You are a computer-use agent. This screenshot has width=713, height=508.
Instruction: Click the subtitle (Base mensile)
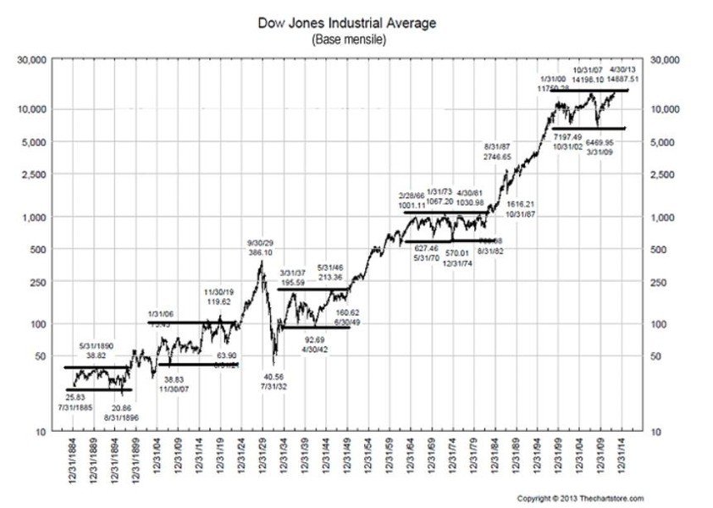click(x=348, y=39)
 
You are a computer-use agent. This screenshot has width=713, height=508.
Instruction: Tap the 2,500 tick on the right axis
click(x=661, y=175)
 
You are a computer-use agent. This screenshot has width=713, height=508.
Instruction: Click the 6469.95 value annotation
click(x=599, y=143)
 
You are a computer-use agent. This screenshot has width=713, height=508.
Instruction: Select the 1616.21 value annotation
click(x=521, y=205)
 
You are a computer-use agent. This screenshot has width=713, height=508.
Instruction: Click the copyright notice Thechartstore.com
click(x=581, y=498)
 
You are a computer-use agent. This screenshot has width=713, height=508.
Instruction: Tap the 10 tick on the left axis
click(x=41, y=432)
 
